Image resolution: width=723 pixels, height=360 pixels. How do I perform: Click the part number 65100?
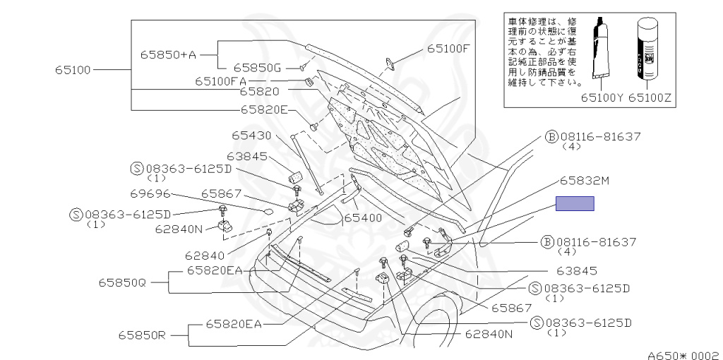coord(73,71)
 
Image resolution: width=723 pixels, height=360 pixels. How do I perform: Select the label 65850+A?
coord(167,54)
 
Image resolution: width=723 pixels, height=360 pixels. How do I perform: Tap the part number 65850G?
coord(258,68)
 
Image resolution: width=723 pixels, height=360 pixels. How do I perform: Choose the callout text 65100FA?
coord(220,81)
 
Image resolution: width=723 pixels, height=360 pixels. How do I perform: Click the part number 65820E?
coord(264,109)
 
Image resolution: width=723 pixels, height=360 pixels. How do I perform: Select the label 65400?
coord(362,218)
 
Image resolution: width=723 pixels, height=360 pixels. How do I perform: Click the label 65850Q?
coord(121,282)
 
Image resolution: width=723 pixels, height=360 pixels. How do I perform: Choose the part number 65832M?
coord(585,181)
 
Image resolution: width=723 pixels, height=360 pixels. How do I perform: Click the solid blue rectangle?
coord(574,203)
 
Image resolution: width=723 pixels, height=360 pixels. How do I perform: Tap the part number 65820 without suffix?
coord(259,92)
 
